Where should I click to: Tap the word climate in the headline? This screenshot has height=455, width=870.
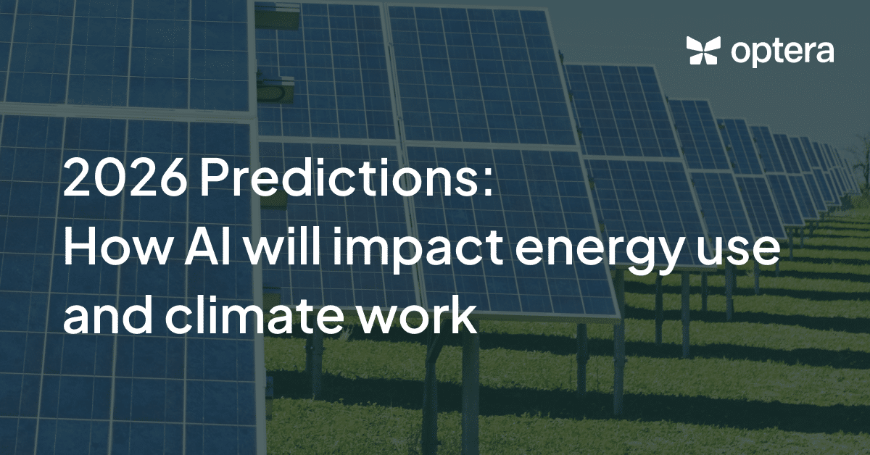(254, 316)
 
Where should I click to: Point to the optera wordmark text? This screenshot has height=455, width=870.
(782, 53)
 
